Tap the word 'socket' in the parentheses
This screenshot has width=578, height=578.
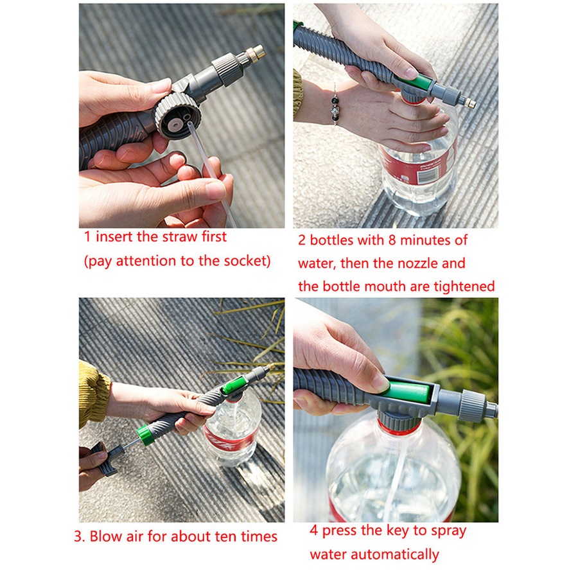click(x=243, y=261)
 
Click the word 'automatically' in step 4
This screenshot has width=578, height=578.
click(x=398, y=554)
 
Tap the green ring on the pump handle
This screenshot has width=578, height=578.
click(x=145, y=435)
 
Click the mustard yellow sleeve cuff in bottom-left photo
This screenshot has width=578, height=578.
click(x=94, y=393)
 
